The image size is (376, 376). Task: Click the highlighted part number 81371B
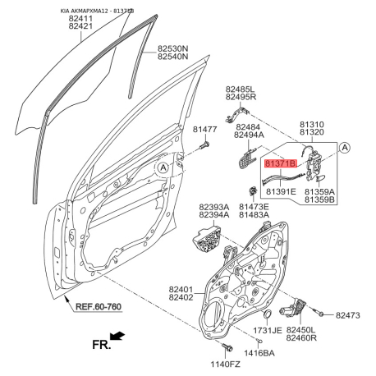(280, 163)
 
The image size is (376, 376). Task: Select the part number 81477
(204, 129)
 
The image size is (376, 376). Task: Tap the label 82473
(348, 315)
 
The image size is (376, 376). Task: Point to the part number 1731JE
(267, 330)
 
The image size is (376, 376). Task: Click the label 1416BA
(259, 353)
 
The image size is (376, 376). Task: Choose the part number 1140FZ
(225, 365)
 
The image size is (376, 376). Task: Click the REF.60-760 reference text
(99, 307)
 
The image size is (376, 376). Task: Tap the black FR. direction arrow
(117, 336)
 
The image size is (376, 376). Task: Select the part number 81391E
(282, 191)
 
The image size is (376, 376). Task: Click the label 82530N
(172, 49)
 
